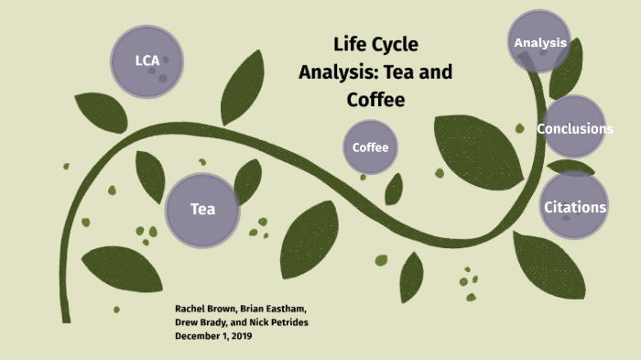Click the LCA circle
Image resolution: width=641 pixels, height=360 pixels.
[x=147, y=61]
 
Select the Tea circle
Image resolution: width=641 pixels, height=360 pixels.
[x=202, y=209]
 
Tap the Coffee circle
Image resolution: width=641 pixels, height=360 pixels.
[x=371, y=147]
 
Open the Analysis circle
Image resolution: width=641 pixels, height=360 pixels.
[x=539, y=42]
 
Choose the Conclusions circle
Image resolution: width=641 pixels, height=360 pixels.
[x=574, y=127]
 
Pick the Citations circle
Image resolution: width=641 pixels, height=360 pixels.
[x=574, y=206]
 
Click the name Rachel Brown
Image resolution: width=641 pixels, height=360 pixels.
[x=203, y=310]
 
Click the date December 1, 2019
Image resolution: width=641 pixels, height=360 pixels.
[x=212, y=336]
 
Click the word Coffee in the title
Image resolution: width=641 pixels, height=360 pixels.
[x=375, y=99]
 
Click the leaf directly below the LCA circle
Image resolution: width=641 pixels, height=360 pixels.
[x=101, y=112]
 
